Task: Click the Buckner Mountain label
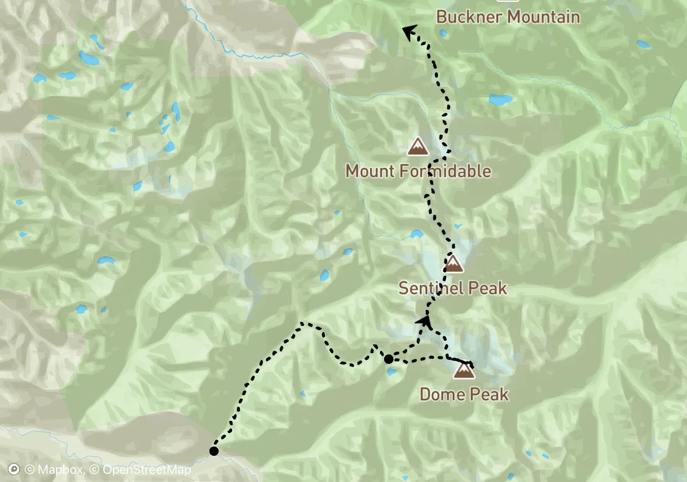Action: pyautogui.click(x=508, y=17)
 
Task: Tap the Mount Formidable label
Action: pyautogui.click(x=418, y=171)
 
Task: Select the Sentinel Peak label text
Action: pyautogui.click(x=452, y=288)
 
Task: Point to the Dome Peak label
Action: pyautogui.click(x=464, y=394)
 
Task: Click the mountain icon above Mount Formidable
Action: pyautogui.click(x=418, y=147)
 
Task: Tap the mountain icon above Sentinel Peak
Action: pyautogui.click(x=453, y=264)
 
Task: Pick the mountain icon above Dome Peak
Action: pyautogui.click(x=464, y=370)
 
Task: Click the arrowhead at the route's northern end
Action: pyautogui.click(x=409, y=32)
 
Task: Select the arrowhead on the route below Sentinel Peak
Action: pyautogui.click(x=425, y=321)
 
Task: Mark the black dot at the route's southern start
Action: pyautogui.click(x=214, y=451)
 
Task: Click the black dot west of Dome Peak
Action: pyautogui.click(x=389, y=359)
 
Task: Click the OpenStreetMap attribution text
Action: pyautogui.click(x=146, y=470)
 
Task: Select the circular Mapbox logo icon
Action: pyautogui.click(x=14, y=470)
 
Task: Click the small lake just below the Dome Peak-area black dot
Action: pyautogui.click(x=392, y=372)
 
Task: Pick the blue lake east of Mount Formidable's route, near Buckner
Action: pyautogui.click(x=500, y=99)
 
